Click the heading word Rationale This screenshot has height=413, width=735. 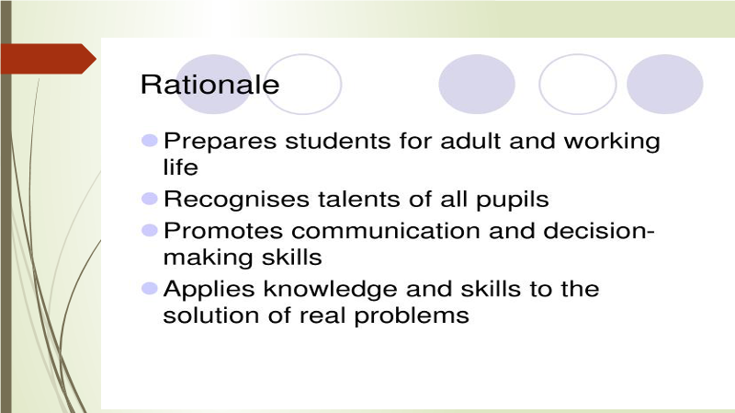click(x=210, y=85)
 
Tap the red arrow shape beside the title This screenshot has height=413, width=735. click(x=49, y=59)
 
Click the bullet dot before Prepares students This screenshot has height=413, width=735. click(x=150, y=141)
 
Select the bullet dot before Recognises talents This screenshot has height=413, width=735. click(x=150, y=199)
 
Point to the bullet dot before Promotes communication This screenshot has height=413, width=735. click(x=150, y=231)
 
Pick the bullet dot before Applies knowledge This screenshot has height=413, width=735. click(x=150, y=288)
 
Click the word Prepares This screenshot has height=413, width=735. click(x=220, y=142)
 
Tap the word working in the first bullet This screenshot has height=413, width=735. click(x=612, y=142)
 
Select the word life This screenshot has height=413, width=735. click(x=180, y=167)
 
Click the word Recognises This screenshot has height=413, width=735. click(x=236, y=200)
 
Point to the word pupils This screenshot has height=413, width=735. click(x=513, y=200)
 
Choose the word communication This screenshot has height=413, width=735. click(x=386, y=231)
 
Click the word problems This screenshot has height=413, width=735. click(x=412, y=316)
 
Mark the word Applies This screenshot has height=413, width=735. click(x=209, y=290)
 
